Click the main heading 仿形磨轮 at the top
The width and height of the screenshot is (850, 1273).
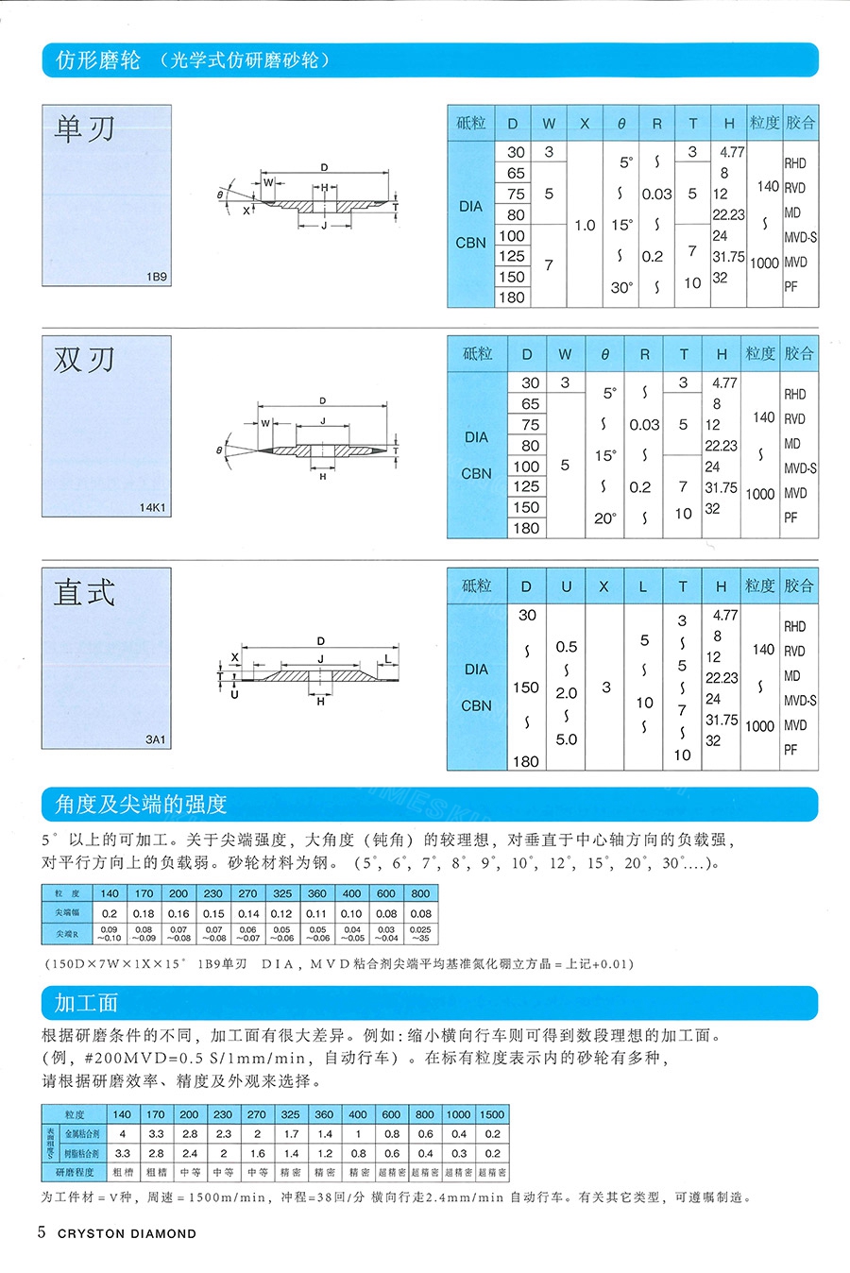tap(97, 60)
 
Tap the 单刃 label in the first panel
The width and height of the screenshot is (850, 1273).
tap(85, 128)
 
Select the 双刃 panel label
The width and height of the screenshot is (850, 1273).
tap(85, 360)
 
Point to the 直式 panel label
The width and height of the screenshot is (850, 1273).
tap(85, 592)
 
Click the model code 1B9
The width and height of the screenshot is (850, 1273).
tap(157, 277)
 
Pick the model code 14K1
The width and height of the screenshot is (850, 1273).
tap(153, 508)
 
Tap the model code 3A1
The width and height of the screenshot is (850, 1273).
tap(156, 739)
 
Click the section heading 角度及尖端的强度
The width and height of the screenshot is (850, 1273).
tap(142, 805)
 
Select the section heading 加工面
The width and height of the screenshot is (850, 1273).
tap(86, 1003)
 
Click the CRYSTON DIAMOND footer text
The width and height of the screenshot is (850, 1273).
tap(127, 1233)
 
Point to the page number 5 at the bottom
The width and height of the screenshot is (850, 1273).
tap(42, 1232)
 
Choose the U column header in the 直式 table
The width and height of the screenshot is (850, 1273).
tap(566, 586)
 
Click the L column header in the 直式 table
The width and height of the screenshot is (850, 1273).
tap(643, 586)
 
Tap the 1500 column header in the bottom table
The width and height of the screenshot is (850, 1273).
tap(492, 1114)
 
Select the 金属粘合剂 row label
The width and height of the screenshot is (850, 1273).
tap(82, 1133)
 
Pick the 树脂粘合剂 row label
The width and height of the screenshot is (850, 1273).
tap(82, 1153)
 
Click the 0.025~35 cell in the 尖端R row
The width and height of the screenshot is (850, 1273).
tap(421, 934)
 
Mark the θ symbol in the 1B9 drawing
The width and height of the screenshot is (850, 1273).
tap(220, 195)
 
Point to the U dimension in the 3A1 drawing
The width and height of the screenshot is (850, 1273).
tap(234, 694)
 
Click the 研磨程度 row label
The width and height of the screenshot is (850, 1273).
tap(75, 1173)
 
